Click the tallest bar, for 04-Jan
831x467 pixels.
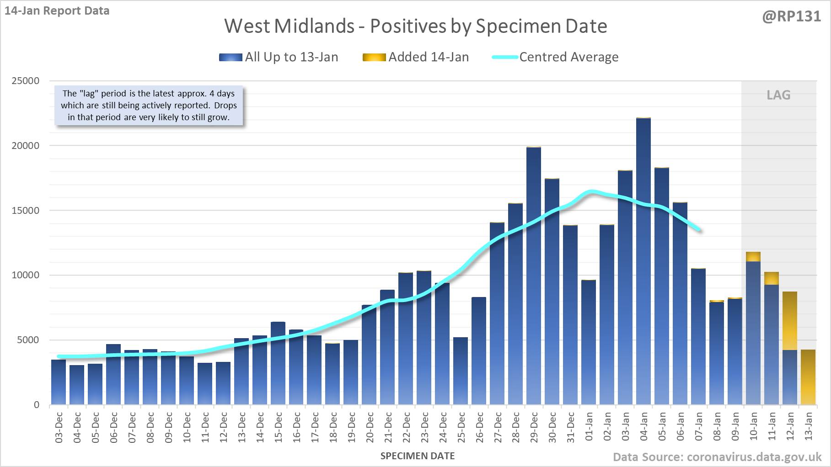pos(643,260)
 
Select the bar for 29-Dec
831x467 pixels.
pos(534,274)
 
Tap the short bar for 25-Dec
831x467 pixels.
pos(461,370)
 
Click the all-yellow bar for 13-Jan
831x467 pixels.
pos(808,377)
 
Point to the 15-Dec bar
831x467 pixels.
pos(278,363)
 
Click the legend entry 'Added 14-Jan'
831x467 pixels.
pos(416,57)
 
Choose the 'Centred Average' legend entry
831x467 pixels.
pos(555,57)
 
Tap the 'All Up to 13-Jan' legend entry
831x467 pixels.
pos(279,57)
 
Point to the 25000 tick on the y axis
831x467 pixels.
pos(26,81)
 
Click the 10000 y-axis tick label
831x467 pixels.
pos(26,275)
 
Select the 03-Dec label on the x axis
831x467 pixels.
pos(59,427)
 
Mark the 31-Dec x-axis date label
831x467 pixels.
pos(571,427)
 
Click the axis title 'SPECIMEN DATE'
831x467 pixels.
pos(418,456)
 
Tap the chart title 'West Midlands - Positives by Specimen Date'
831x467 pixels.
pos(415,26)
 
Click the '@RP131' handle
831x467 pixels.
pos(792,16)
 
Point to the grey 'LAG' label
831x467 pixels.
pos(778,95)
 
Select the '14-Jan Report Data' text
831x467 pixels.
pos(57,11)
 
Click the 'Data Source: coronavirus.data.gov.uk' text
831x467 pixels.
pos(717,457)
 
